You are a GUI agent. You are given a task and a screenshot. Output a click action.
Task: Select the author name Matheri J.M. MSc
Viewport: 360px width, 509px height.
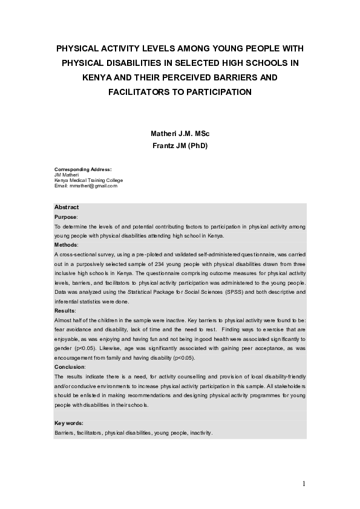click(179, 133)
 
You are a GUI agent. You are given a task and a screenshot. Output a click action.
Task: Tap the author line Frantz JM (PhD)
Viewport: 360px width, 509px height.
click(179, 146)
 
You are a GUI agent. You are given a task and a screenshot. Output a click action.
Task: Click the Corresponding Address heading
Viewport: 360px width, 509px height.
click(83, 169)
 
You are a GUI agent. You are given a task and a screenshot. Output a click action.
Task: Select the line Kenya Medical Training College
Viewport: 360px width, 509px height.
click(88, 180)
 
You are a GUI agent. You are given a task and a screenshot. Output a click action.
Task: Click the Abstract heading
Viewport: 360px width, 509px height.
click(67, 207)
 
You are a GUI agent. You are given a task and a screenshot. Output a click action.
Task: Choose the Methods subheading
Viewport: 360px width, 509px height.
click(66, 245)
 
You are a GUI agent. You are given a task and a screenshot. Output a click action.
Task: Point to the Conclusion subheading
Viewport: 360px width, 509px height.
click(70, 366)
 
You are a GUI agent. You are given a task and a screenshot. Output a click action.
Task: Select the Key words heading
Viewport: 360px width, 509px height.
click(68, 423)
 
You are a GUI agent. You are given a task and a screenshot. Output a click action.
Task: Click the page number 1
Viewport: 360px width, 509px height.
click(304, 484)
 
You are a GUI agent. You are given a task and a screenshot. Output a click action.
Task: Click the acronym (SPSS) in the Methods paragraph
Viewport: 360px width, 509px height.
click(235, 292)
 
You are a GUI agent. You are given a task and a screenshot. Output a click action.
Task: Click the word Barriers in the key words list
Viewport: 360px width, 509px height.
click(65, 433)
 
